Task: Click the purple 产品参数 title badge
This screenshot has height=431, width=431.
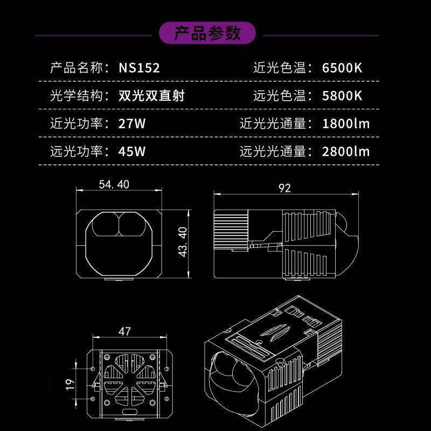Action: [x=207, y=34]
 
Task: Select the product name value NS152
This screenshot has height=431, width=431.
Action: [x=139, y=68]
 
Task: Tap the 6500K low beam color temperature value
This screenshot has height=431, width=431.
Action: [x=342, y=68]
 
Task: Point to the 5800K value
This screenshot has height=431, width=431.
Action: [x=342, y=96]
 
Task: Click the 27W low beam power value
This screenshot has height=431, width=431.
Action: [x=132, y=123]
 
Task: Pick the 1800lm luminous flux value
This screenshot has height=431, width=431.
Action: [x=345, y=123]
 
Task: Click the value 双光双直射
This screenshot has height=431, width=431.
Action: [x=151, y=96]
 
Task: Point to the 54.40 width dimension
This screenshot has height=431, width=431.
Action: [x=114, y=184]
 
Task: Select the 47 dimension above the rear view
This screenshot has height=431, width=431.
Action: [x=124, y=331]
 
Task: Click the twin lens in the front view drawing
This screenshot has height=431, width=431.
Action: [x=119, y=226]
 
